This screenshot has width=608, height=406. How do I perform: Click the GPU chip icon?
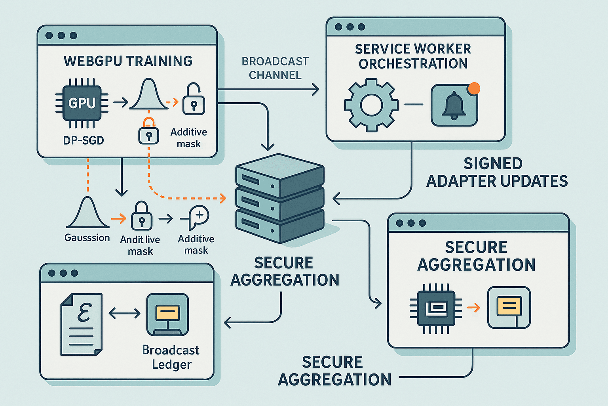click(x=82, y=103)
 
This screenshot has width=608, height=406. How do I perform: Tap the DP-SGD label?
click(x=84, y=140)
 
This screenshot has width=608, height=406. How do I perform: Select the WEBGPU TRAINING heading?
click(x=128, y=61)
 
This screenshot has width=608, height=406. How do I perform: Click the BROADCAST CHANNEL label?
click(x=275, y=68)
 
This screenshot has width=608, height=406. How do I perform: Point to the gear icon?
click(x=371, y=105)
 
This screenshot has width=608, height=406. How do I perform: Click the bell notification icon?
click(x=454, y=105)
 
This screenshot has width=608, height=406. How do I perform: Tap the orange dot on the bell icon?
click(x=474, y=88)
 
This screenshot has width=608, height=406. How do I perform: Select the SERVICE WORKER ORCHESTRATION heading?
click(x=413, y=56)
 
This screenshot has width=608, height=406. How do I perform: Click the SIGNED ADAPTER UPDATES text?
click(x=496, y=172)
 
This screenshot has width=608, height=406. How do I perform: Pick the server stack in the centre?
click(x=280, y=198)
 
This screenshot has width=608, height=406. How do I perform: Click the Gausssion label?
click(x=87, y=238)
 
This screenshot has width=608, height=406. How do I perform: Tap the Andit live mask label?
click(x=140, y=245)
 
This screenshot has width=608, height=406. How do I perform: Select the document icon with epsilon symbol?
click(x=82, y=324)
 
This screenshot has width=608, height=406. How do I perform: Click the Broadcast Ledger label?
click(x=171, y=357)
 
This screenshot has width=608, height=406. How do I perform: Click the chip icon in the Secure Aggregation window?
click(x=436, y=308)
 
